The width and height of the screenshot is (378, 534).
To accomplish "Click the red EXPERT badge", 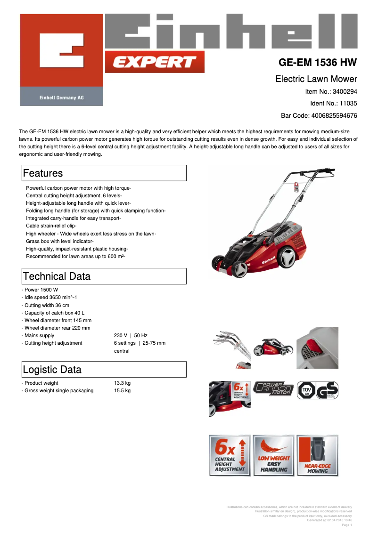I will coord(155,62).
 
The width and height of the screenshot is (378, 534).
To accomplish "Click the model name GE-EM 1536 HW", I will coord(318,63).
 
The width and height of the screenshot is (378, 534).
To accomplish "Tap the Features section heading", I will coord(43,173).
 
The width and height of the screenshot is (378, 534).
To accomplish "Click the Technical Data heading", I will coord(57,276).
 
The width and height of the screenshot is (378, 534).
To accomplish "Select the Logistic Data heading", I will coord(52,369).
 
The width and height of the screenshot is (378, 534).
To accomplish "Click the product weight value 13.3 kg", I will coord(122,383).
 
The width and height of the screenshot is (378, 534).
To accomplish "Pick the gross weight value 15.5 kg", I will coord(122,390).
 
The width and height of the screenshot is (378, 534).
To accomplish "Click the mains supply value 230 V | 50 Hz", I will coord(131,335).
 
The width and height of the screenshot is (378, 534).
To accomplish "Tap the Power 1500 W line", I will coord(41,290).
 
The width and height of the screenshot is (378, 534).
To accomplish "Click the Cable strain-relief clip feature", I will coord(51,226).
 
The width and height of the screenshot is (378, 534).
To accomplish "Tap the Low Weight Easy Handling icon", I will coord(273,455).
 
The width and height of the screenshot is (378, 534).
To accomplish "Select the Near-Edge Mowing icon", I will coord(317,455).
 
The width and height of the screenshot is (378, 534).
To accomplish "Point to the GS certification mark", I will coord(327,391).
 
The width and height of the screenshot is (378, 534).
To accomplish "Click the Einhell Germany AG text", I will coord(61,97).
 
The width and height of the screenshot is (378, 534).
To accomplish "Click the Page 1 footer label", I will coord(346,525).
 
